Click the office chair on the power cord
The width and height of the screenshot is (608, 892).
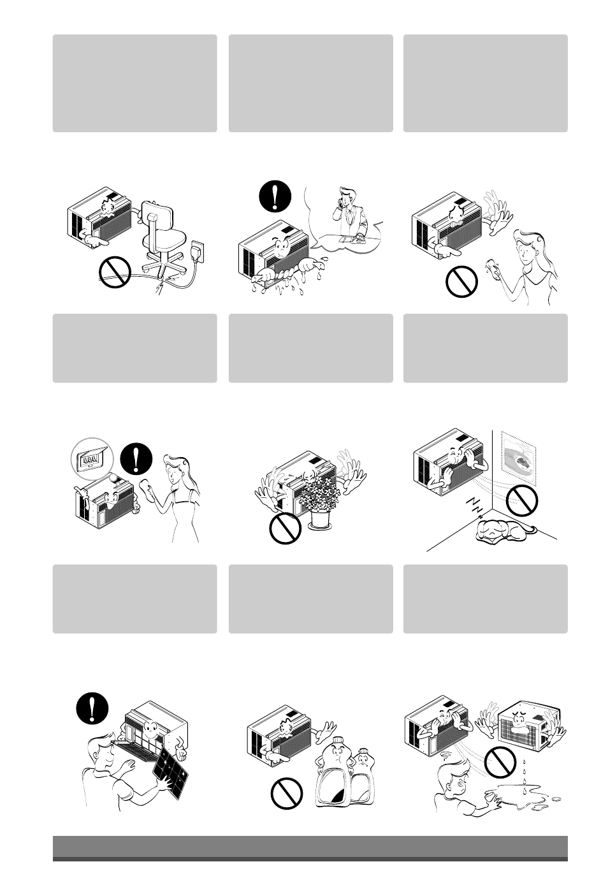click(x=160, y=239)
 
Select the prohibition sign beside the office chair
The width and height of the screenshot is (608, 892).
click(x=115, y=274)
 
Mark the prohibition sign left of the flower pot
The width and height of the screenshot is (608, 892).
click(x=285, y=529)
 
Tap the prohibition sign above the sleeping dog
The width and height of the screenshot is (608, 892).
click(x=522, y=501)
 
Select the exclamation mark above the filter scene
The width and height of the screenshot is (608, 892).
click(x=92, y=708)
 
